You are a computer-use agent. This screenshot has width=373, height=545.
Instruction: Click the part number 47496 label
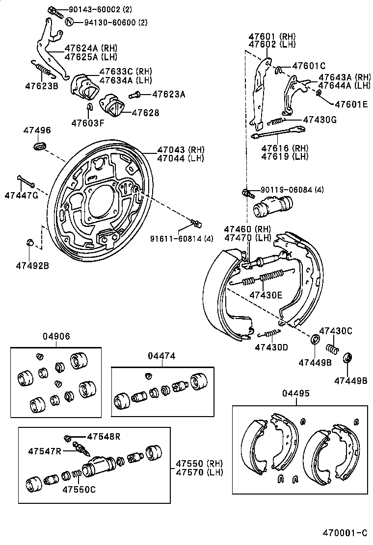point(37,130)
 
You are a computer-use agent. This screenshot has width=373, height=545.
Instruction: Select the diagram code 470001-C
point(345,533)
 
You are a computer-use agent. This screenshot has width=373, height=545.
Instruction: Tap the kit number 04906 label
point(55,336)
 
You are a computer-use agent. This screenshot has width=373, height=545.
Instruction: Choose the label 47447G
point(21,196)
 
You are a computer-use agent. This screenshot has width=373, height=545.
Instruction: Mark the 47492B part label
point(32,266)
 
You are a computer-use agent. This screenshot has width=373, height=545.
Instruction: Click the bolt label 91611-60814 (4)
point(182,239)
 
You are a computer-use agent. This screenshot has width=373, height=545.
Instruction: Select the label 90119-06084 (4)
point(292,190)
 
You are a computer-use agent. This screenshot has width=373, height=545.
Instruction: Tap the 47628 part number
point(146,113)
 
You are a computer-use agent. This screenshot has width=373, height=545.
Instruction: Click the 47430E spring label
point(266,295)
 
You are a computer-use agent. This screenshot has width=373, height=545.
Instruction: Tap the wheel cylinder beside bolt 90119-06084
point(272,206)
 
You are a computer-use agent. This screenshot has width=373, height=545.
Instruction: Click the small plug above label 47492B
point(29,242)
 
